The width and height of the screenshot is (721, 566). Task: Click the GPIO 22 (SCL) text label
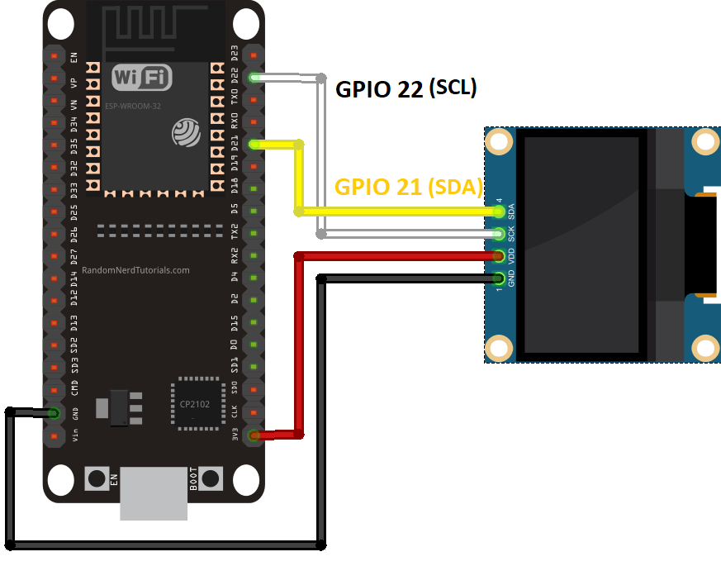(406, 89)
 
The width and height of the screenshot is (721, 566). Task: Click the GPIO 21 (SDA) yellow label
(408, 187)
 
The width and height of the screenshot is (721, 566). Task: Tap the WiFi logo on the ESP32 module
(142, 78)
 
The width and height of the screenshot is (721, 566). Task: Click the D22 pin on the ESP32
(253, 78)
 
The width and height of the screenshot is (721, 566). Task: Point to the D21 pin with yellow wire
(253, 145)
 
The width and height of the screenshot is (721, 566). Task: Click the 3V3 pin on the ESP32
(253, 435)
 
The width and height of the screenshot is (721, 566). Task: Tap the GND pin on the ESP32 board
(55, 412)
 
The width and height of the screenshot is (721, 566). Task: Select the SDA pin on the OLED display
(498, 212)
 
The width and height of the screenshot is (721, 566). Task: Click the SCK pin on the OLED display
(498, 235)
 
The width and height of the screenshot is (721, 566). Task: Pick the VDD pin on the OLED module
(498, 256)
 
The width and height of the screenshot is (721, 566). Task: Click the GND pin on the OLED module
(498, 278)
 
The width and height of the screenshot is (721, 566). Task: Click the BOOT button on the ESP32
(211, 478)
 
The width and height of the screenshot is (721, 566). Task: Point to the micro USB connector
(154, 494)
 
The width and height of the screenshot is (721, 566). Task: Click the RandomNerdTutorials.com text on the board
(135, 270)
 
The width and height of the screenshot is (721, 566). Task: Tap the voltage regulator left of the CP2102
(116, 407)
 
